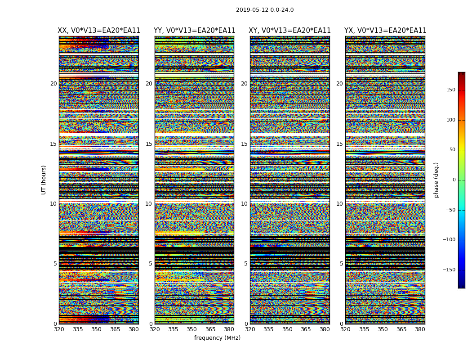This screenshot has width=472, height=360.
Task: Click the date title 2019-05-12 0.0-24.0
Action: point(265,10)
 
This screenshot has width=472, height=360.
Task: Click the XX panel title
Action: point(99,31)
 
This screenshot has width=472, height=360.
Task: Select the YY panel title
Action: point(194,31)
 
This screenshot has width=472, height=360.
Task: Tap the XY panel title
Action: point(289,31)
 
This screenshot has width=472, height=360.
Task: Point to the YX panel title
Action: point(385,31)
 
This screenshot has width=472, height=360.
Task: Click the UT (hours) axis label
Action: point(44,180)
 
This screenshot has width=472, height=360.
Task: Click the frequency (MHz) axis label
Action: point(217,338)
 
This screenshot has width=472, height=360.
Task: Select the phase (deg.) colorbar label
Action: point(436,180)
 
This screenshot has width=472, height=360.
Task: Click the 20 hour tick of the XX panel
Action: point(53,84)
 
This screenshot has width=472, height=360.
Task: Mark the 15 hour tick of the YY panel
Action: point(149,144)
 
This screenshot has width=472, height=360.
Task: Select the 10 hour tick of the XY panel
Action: point(244,204)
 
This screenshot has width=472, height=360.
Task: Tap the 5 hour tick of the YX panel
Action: point(341,264)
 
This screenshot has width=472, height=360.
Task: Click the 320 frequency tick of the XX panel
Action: point(59,329)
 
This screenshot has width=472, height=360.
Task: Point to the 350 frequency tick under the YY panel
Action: point(192,329)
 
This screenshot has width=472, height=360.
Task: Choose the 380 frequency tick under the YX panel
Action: point(420,329)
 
